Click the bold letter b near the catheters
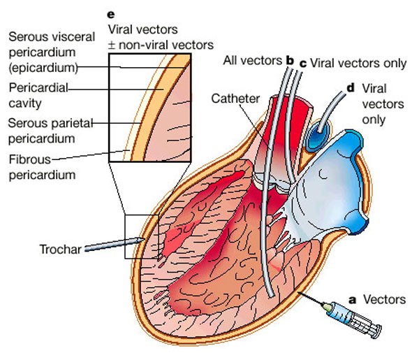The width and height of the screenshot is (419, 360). tap(288, 62)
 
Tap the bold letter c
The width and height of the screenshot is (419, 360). tap(302, 63)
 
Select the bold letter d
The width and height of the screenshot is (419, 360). tap(350, 89)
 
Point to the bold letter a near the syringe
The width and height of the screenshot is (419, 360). tap(353, 300)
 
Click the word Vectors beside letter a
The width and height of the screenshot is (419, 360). tap(383, 300)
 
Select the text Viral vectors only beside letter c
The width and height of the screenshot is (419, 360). tap(358, 63)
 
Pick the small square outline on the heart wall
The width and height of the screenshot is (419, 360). tap(142, 238)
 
